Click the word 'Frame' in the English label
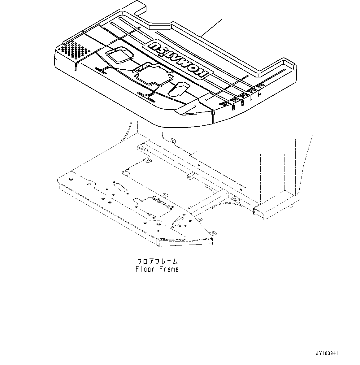[x=169, y=269]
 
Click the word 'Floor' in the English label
[x=145, y=269]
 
